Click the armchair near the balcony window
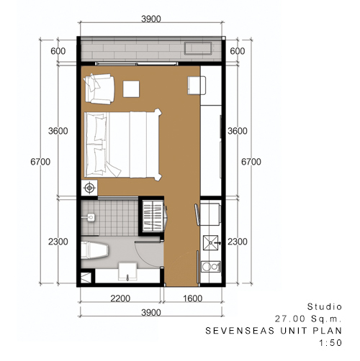pyautogui.click(x=99, y=89)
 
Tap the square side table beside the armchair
pyautogui.click(x=131, y=89)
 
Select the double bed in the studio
pyautogui.click(x=122, y=145)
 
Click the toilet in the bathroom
pyautogui.click(x=94, y=250)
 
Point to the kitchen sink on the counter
pyautogui.click(x=211, y=243)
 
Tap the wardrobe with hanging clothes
pyautogui.click(x=153, y=216)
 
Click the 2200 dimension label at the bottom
pyautogui.click(x=120, y=298)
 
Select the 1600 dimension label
pyautogui.click(x=193, y=298)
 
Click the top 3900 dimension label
pyautogui.click(x=151, y=19)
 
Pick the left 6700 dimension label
pyautogui.click(x=40, y=162)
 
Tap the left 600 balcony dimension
pyautogui.click(x=58, y=51)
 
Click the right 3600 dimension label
pyautogui.click(x=238, y=131)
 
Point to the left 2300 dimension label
pyautogui.click(x=58, y=242)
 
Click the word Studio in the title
pyautogui.click(x=325, y=306)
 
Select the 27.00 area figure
pyautogui.click(x=290, y=319)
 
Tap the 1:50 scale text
pyautogui.click(x=330, y=343)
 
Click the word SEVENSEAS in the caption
pyautogui.click(x=240, y=331)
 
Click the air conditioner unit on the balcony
pyautogui.click(x=198, y=48)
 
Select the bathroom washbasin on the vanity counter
pyautogui.click(x=128, y=271)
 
